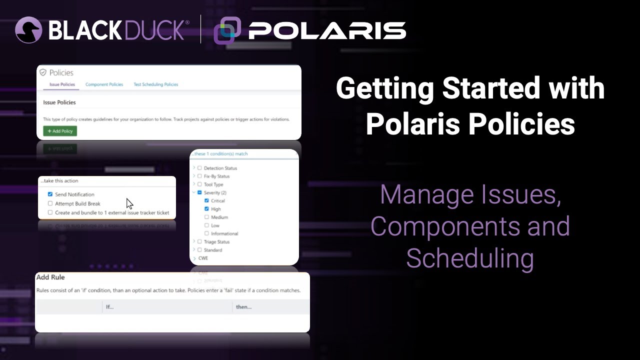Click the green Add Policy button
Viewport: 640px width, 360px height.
[60, 131]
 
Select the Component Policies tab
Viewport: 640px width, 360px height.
[104, 84]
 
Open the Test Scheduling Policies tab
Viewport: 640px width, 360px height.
[155, 84]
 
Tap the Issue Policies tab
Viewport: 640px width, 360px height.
[62, 84]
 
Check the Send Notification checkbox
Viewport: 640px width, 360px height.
[50, 194]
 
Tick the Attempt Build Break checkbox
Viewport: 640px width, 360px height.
[50, 203]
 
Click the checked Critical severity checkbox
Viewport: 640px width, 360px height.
[206, 200]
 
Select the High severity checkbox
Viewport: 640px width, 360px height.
[206, 209]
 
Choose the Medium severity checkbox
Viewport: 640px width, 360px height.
[206, 217]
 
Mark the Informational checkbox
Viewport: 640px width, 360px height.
[206, 233]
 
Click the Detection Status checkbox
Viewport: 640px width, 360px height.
[199, 168]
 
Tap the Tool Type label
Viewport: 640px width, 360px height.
[213, 184]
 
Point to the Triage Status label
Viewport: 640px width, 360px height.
[216, 241]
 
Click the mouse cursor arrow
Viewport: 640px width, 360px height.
[129, 203]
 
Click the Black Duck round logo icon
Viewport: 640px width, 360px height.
[28, 30]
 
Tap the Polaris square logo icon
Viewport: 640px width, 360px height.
[227, 30]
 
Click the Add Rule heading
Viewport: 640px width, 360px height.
[50, 277]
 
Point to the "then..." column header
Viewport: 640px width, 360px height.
[243, 306]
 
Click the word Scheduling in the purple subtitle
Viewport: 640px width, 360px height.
[469, 258]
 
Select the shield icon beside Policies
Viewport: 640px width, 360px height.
[43, 72]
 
